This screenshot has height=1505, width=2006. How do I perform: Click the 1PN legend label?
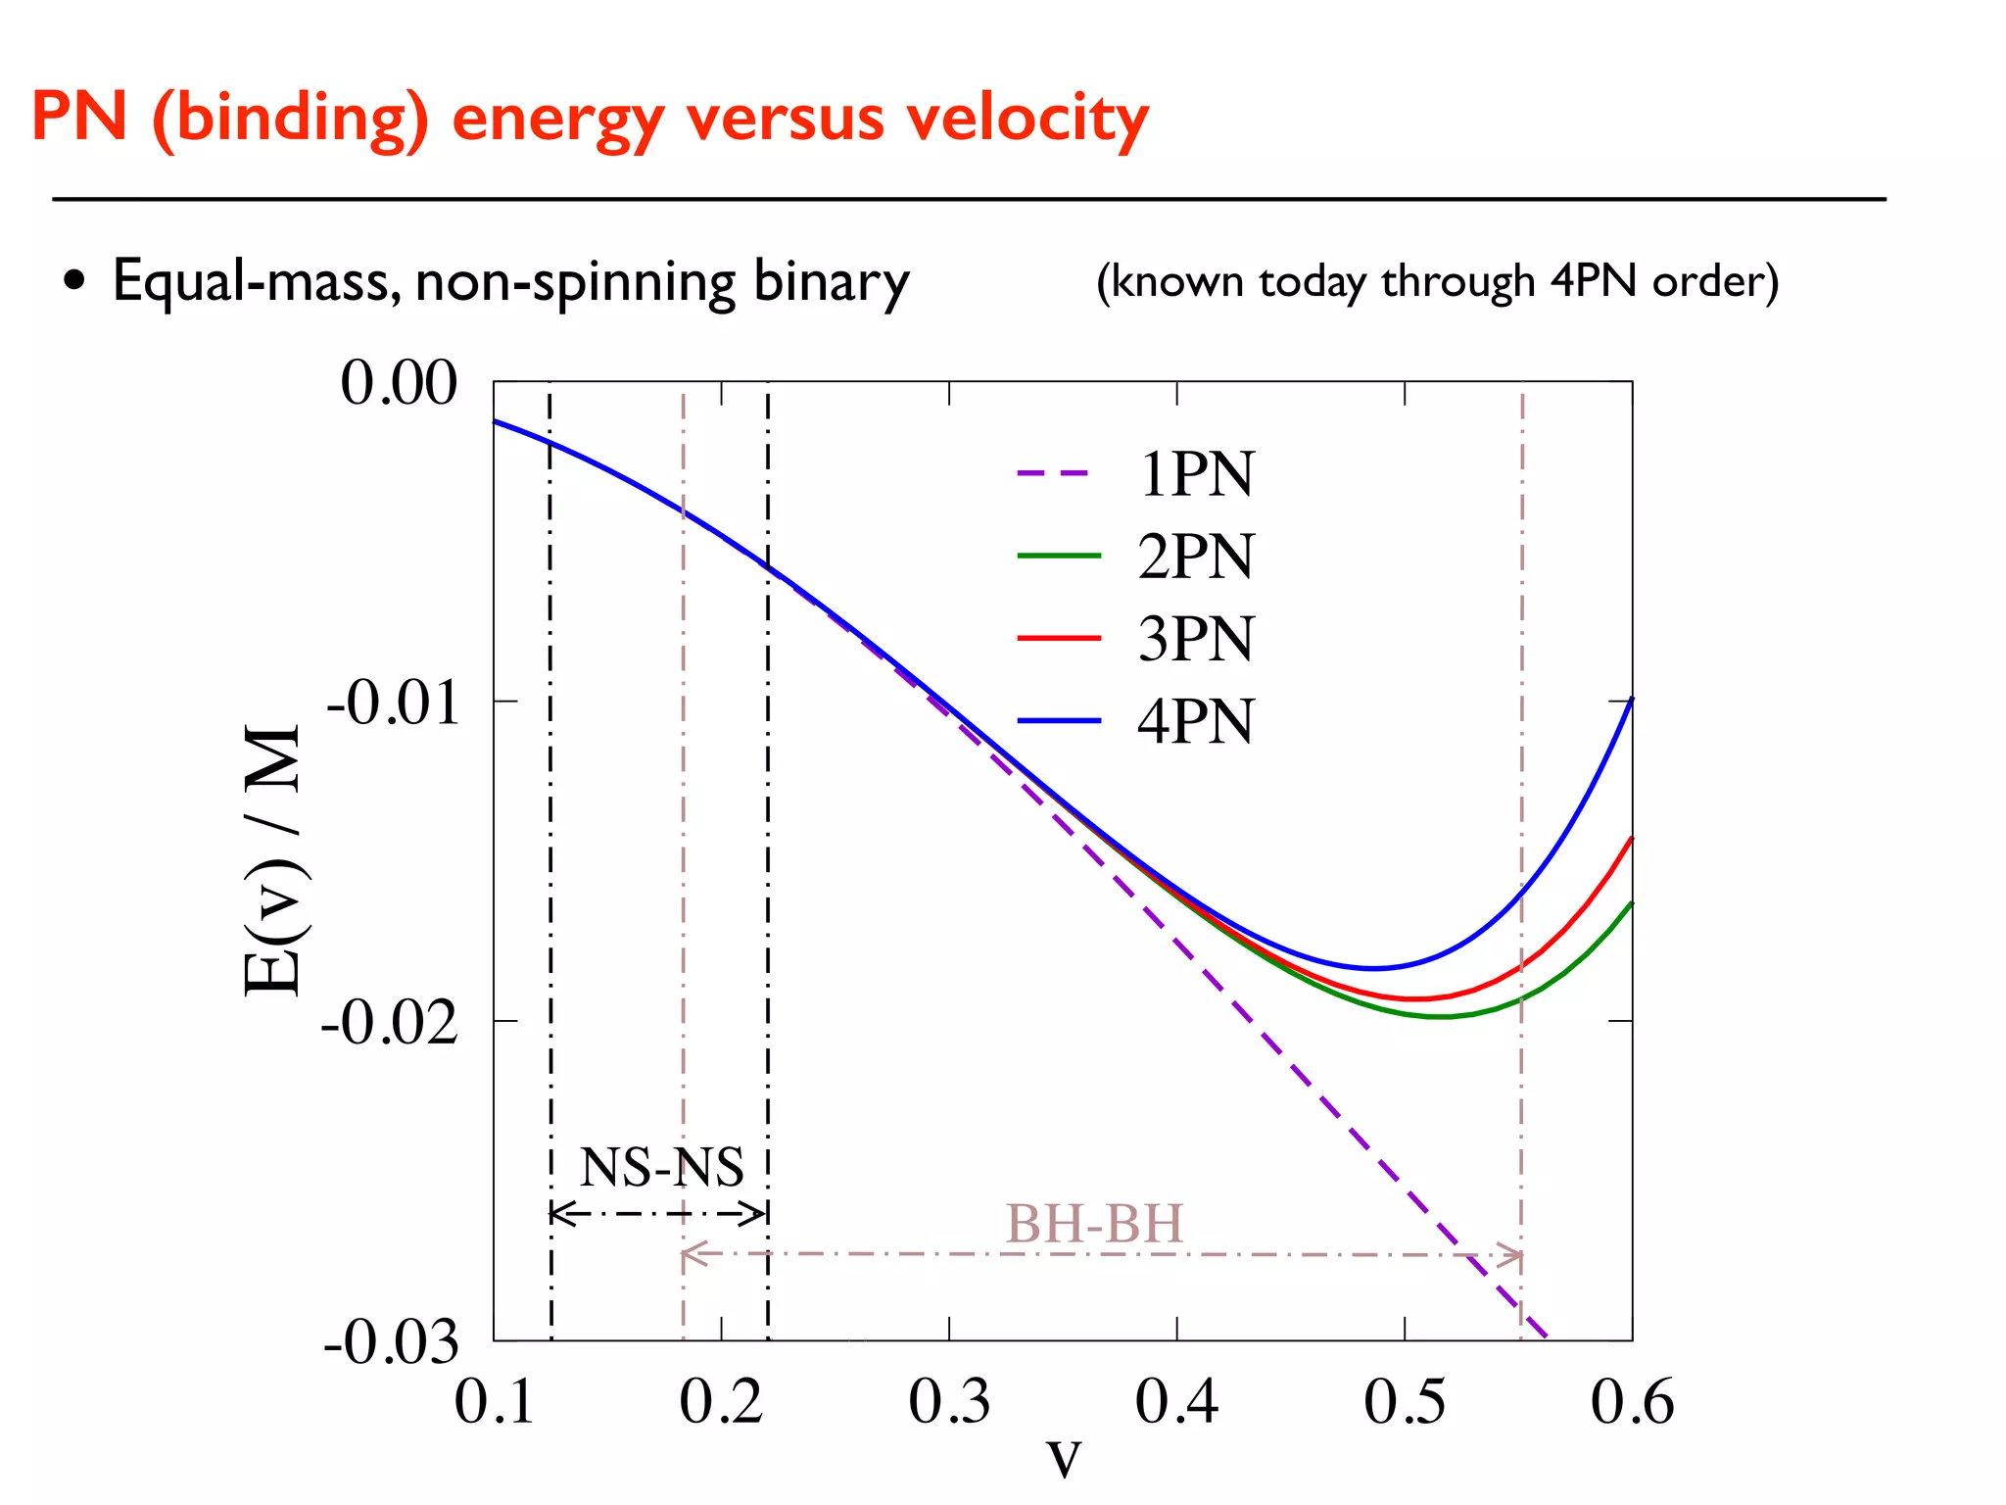tap(1195, 474)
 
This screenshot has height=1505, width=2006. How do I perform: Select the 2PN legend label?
tap(1195, 557)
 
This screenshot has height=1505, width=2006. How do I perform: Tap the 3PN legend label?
tap(1195, 639)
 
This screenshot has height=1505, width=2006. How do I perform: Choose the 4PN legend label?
tap(1195, 722)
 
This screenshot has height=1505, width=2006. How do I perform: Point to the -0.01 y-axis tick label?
tap(393, 703)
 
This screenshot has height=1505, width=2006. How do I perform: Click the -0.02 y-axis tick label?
tap(390, 1023)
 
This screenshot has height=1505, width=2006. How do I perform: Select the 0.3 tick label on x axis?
tap(949, 1401)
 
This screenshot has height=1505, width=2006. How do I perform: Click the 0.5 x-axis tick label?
tap(1405, 1401)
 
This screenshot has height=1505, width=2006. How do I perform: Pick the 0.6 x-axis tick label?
tap(1632, 1401)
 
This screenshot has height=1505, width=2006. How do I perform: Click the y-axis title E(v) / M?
tap(272, 860)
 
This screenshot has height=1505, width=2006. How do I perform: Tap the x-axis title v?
tap(1064, 1458)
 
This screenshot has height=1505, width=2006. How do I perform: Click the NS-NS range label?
tap(661, 1167)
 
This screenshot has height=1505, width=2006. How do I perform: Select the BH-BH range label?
tap(1094, 1224)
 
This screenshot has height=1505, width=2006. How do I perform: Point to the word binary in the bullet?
tap(831, 282)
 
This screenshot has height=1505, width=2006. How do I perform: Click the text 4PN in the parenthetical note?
tap(1593, 281)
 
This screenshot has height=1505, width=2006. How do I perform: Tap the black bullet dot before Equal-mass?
tap(74, 281)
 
